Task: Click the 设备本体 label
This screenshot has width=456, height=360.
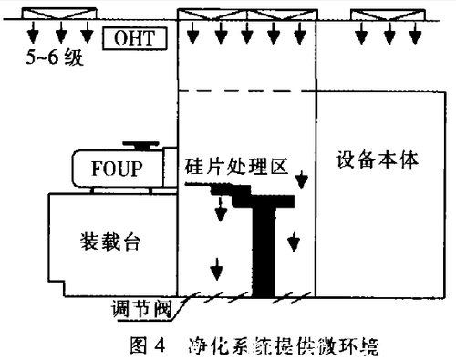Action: pyautogui.click(x=376, y=158)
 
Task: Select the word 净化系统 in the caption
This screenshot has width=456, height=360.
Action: pyautogui.click(x=224, y=345)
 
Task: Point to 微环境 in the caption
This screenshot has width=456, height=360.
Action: pyautogui.click(x=349, y=345)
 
